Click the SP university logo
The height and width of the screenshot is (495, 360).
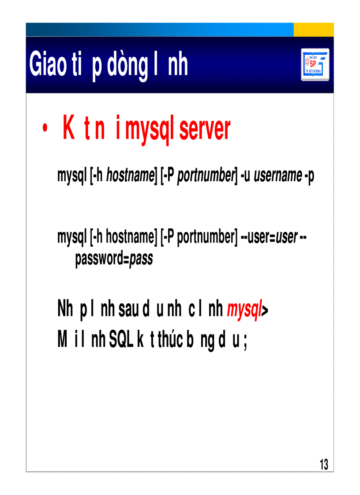(315, 64)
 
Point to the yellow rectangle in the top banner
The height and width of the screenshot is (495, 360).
(314, 30)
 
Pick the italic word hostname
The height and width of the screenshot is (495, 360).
(130, 176)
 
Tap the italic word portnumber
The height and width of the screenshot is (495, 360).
(205, 176)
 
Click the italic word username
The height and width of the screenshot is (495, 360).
(278, 176)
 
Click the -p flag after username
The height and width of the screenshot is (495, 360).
(309, 176)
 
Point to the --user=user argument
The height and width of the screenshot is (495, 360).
(270, 238)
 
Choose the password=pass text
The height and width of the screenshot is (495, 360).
(114, 259)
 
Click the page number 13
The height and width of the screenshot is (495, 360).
(324, 465)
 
